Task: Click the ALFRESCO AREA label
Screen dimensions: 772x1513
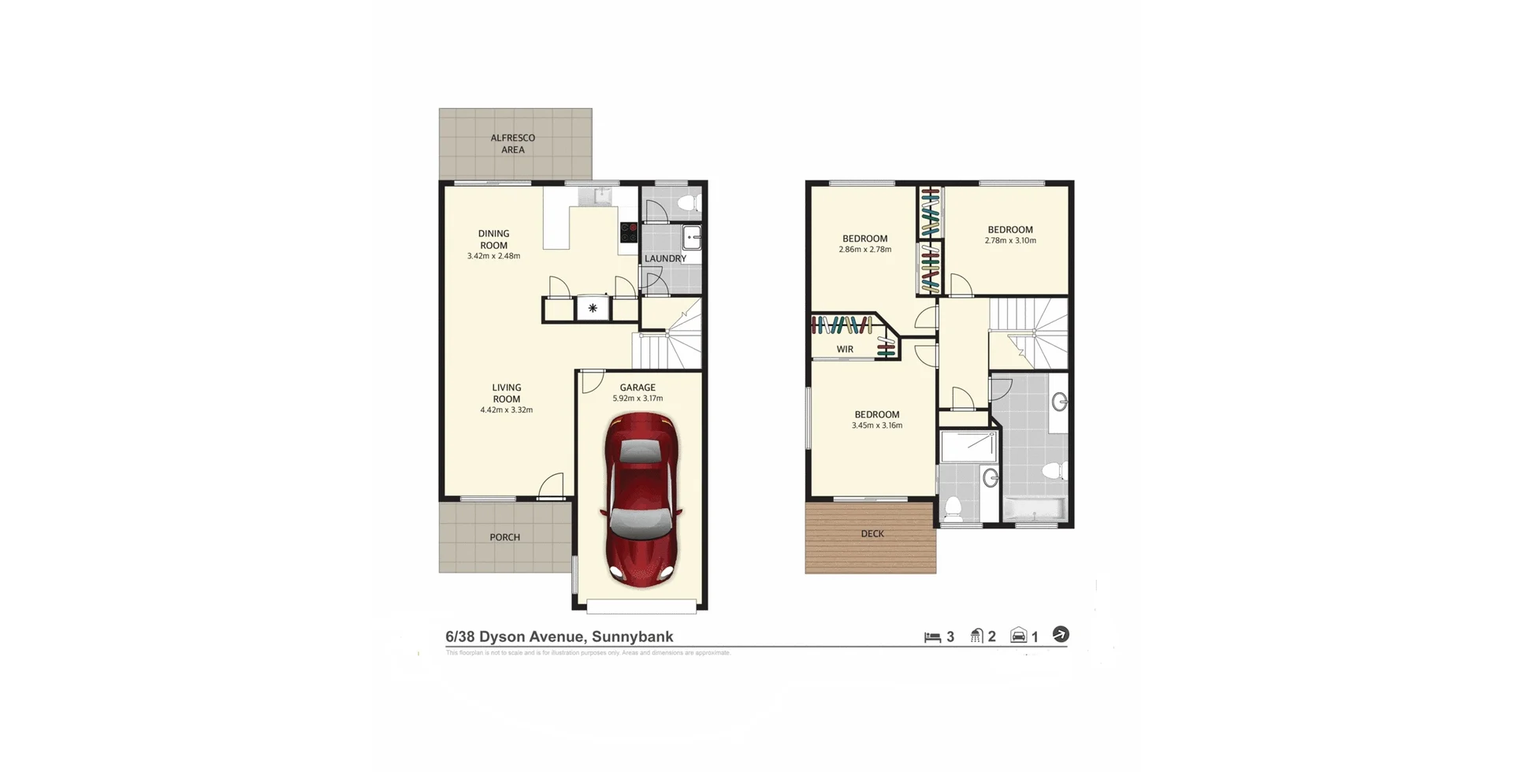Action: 513,143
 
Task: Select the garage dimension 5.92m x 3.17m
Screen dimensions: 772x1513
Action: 638,399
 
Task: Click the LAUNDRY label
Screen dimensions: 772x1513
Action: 665,258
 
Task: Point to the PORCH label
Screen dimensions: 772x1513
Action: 504,537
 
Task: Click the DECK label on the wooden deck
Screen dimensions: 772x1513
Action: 872,533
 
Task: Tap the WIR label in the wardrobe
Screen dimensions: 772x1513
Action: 845,349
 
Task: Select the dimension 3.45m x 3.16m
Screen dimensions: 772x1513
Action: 876,425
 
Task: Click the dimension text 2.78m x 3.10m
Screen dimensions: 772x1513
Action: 1009,241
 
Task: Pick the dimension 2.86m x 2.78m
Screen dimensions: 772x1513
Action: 864,250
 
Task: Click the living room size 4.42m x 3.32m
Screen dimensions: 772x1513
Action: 506,410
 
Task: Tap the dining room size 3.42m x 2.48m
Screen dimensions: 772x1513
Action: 493,256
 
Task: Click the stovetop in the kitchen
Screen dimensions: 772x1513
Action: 628,232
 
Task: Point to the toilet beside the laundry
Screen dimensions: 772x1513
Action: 688,203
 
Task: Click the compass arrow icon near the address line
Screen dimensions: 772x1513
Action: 1061,634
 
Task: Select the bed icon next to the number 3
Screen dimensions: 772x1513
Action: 932,637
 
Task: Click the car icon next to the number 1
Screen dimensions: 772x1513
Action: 1018,636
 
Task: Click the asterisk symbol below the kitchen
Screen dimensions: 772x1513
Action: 593,308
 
